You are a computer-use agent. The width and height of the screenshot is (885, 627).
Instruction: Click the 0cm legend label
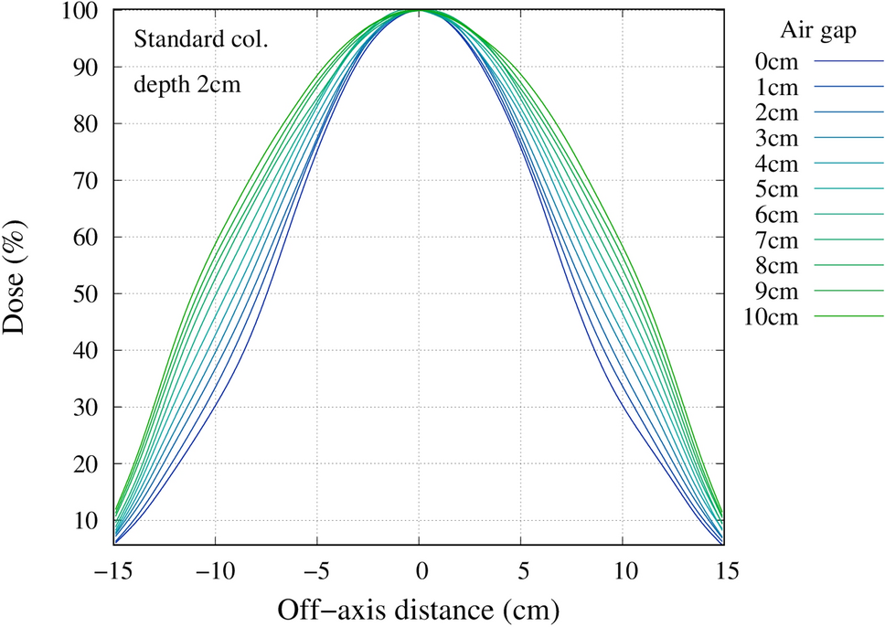click(776, 62)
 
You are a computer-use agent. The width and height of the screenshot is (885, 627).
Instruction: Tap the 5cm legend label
click(776, 190)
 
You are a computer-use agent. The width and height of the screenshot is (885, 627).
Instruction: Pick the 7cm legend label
click(776, 241)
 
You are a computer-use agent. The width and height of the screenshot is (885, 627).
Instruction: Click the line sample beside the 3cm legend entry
click(849, 139)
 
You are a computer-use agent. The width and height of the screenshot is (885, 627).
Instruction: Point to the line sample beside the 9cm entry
click(849, 292)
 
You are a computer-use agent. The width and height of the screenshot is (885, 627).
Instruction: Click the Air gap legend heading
click(817, 30)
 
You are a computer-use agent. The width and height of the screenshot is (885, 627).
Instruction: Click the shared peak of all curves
click(420, 11)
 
